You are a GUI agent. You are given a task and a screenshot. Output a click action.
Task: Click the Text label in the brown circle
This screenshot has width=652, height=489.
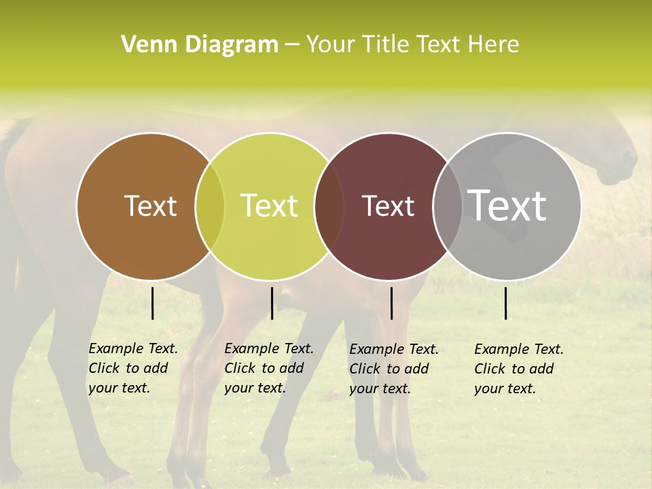(x=150, y=206)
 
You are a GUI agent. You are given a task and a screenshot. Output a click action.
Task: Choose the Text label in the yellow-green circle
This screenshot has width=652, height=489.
(x=269, y=206)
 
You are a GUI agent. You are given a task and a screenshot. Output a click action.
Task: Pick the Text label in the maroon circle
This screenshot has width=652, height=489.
(x=388, y=206)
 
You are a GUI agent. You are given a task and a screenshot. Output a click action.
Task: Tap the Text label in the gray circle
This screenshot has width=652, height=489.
(x=507, y=205)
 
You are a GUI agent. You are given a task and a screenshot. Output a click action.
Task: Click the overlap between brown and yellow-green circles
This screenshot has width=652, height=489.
(x=210, y=206)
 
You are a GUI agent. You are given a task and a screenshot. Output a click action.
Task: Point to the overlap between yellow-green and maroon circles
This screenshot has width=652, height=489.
(x=329, y=206)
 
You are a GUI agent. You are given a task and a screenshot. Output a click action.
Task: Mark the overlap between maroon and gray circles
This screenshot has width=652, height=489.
(x=448, y=206)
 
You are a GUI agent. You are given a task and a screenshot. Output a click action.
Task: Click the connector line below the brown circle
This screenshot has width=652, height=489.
(x=153, y=303)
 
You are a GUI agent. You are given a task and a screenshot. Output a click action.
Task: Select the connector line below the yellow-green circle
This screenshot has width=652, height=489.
(x=272, y=303)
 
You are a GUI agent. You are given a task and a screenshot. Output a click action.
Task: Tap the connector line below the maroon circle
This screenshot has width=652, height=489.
(x=392, y=303)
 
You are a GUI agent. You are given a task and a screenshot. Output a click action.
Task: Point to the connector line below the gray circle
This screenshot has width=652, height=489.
(x=506, y=303)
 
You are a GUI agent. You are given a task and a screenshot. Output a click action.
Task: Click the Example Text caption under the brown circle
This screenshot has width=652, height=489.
(x=132, y=368)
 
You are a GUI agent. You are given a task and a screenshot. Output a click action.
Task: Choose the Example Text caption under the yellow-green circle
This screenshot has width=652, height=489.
(x=268, y=368)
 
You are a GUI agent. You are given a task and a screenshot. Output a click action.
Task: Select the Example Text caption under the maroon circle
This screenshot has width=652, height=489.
(x=393, y=369)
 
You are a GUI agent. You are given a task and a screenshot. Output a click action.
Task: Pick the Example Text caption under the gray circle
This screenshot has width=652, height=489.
(x=518, y=369)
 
